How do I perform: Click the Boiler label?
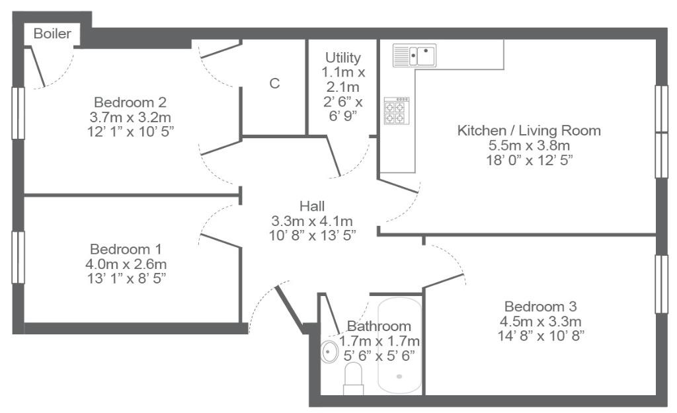point(52,34)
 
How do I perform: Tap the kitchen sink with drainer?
point(415,56)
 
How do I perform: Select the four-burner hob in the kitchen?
point(397,111)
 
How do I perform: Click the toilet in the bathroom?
point(353,379)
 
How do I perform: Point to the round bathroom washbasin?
point(329,352)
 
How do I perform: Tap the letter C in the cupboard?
point(274,83)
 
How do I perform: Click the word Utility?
point(343,57)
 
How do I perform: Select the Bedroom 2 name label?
point(130,102)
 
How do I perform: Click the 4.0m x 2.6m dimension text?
point(126,264)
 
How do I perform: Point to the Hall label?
point(312,206)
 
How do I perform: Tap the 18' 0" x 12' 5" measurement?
point(530,160)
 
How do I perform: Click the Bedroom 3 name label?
point(541,307)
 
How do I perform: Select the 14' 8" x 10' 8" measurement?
point(541,336)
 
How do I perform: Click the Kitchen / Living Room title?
point(529,130)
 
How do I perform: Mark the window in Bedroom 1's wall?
point(18,257)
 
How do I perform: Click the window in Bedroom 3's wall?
point(661,284)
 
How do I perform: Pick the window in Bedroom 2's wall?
point(18,113)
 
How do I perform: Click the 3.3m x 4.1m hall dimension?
point(312,221)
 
